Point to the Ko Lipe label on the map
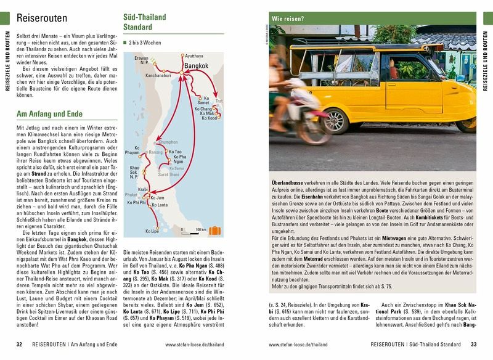152,231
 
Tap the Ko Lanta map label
159,205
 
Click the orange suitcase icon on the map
214,231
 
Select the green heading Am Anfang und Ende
49,114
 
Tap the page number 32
20,344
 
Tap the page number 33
473,344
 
